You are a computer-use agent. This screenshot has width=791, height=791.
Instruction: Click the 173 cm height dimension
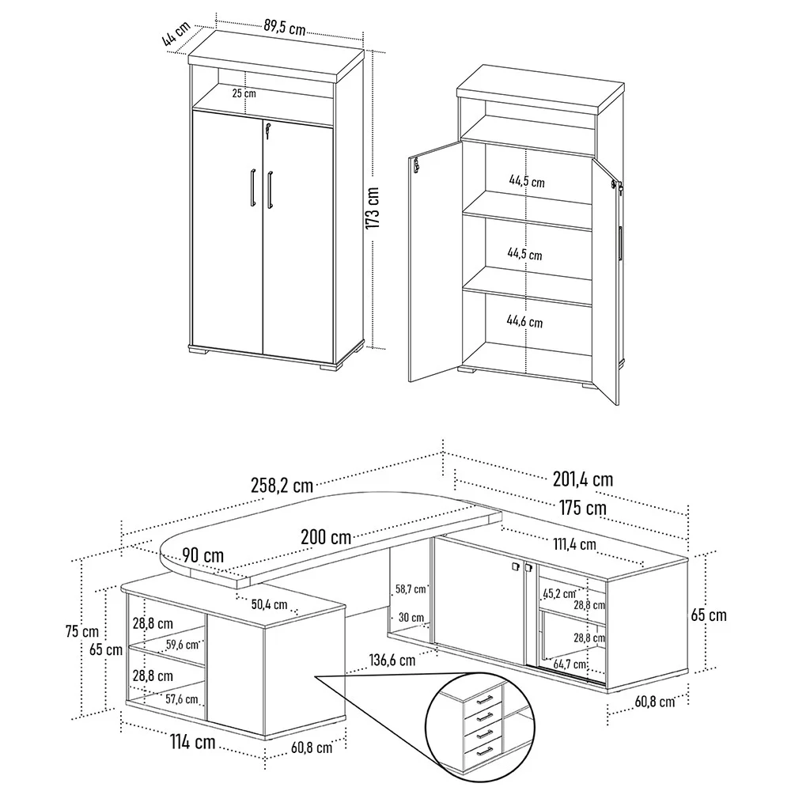click(373, 208)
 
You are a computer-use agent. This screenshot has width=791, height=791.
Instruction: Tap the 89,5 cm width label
click(285, 27)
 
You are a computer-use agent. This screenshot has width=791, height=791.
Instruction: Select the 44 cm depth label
click(176, 34)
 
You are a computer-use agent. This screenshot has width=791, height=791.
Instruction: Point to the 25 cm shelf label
click(244, 93)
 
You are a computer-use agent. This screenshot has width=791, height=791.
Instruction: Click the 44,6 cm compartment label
click(524, 321)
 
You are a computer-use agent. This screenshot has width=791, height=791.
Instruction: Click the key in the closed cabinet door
click(267, 131)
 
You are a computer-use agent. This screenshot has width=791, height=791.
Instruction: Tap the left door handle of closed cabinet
click(252, 187)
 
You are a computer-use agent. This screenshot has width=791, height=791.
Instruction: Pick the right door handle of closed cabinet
click(270, 190)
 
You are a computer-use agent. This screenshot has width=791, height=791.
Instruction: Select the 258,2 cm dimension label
click(282, 486)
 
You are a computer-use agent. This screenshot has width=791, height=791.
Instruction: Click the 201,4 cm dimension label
click(583, 479)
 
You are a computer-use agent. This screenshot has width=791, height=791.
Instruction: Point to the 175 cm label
click(583, 508)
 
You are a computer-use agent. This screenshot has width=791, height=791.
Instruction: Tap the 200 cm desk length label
click(326, 536)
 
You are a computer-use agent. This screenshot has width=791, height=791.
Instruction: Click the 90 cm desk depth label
click(202, 555)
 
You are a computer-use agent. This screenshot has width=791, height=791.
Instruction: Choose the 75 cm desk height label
click(82, 631)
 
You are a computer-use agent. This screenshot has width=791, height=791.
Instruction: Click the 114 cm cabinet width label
click(193, 742)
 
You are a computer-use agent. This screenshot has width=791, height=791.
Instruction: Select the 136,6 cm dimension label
click(392, 660)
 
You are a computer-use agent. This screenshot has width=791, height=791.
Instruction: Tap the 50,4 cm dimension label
click(270, 604)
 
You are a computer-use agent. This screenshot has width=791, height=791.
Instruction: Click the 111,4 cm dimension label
click(574, 544)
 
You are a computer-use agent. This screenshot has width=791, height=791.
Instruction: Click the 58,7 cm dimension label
click(411, 589)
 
